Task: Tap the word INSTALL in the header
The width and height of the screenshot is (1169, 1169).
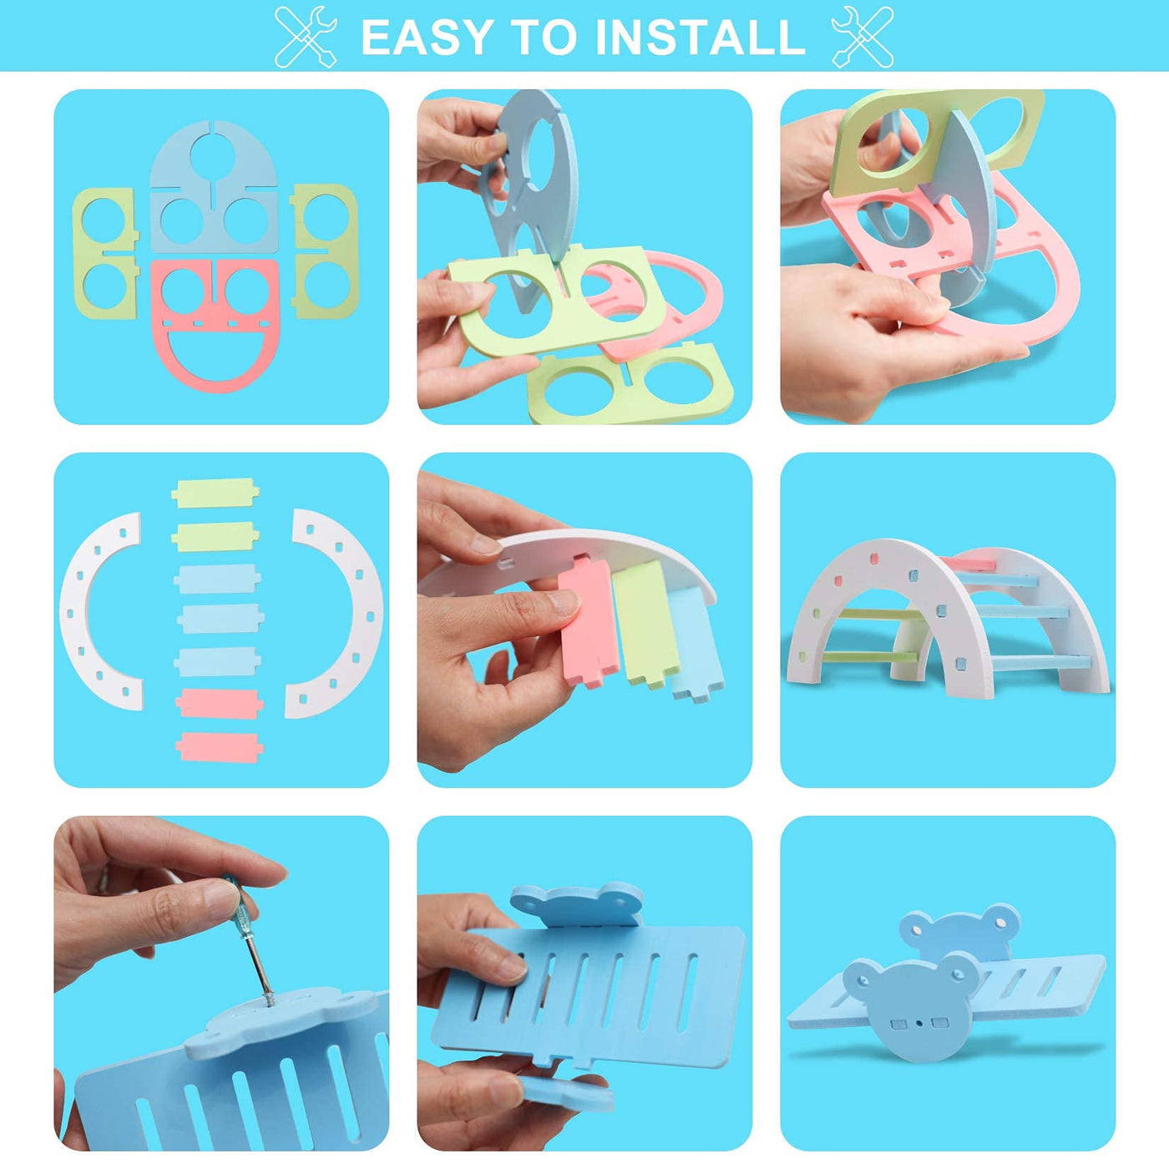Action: pyautogui.click(x=701, y=38)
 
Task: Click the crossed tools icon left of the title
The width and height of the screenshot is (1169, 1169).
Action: pyautogui.click(x=306, y=37)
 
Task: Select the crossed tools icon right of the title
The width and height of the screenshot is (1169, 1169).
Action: pyautogui.click(x=863, y=37)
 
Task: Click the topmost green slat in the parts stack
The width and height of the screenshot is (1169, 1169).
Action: pyautogui.click(x=215, y=493)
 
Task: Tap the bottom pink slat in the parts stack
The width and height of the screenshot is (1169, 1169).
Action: pyautogui.click(x=219, y=747)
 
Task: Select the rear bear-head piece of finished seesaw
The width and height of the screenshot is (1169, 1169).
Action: pyautogui.click(x=959, y=936)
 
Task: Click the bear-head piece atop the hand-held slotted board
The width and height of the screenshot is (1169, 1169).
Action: pyautogui.click(x=576, y=906)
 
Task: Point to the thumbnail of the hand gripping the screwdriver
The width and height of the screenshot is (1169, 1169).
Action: pyautogui.click(x=221, y=984)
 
